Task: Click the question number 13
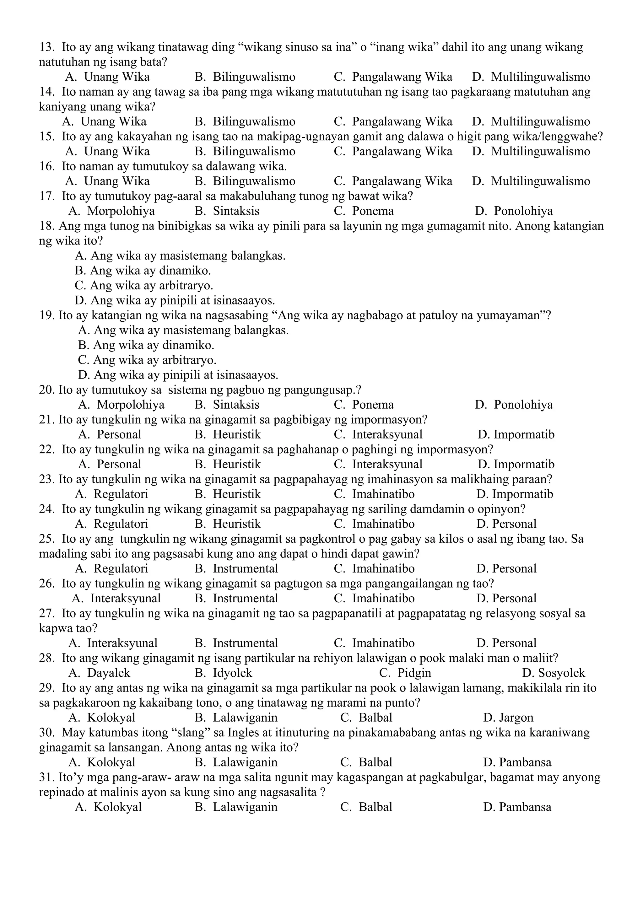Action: pos(46,47)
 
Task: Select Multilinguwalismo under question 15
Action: pos(540,151)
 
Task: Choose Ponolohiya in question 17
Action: pos(523,211)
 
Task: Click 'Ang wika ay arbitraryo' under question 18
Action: pos(152,285)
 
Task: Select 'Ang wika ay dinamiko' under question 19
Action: pos(154,345)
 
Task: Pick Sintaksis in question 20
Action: pos(236,405)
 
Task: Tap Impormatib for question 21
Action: pos(523,435)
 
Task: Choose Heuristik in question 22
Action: pos(237,465)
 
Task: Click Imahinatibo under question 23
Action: pos(383,494)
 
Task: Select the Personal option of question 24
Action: pos(514,524)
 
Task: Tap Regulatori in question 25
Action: pos(121,568)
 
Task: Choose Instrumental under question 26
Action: pos(246,598)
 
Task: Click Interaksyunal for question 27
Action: pos(122,643)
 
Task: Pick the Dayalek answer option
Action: pos(109,673)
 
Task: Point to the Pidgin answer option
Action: pos(414,673)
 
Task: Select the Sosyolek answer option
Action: pos(561,673)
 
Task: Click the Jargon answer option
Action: pos(516,718)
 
